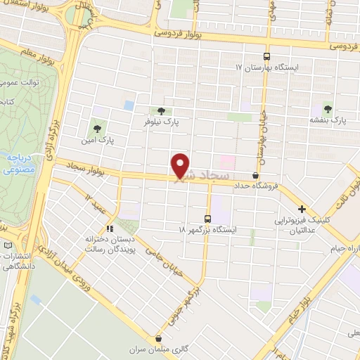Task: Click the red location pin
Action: [181, 165]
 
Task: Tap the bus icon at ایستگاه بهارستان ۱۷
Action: [266, 56]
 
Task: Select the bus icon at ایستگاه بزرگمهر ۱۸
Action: [207, 218]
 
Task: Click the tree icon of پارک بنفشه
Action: [327, 108]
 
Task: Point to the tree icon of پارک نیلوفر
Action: [162, 110]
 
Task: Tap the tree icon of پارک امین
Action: [97, 129]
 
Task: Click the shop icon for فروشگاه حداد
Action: [255, 176]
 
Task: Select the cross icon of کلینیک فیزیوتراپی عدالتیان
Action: [302, 209]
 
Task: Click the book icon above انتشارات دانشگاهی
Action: [8, 245]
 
